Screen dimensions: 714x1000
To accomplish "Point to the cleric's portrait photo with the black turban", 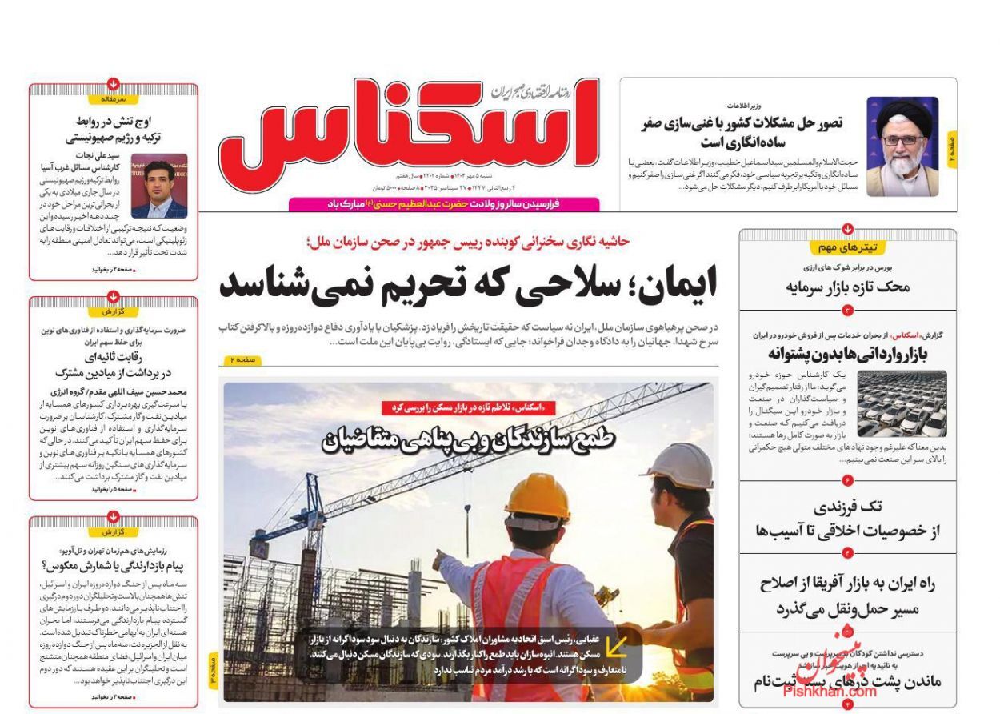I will [x=902, y=147].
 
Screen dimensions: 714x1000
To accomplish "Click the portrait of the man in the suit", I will [x=158, y=186].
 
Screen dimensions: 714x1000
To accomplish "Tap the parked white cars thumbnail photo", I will [x=901, y=403].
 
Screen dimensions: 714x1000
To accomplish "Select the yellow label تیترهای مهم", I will [x=847, y=248].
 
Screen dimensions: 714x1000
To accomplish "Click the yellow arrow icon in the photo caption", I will [x=616, y=647].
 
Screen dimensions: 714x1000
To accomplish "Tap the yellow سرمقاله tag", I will [x=114, y=99].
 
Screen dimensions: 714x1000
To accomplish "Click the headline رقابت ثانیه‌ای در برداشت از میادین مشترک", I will [x=114, y=365].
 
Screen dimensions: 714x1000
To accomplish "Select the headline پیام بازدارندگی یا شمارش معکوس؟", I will [x=114, y=565].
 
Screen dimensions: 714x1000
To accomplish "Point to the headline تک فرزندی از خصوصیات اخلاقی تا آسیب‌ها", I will [x=847, y=519].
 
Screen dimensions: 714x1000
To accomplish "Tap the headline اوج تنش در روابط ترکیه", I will [x=114, y=130].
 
